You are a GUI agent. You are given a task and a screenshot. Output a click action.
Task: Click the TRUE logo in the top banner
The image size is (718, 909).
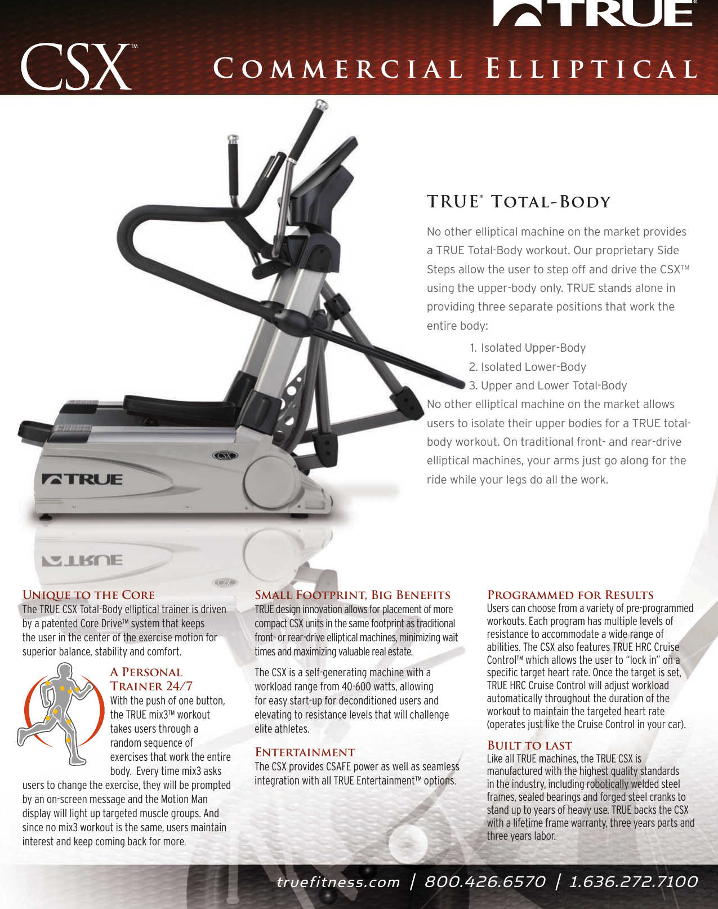pyautogui.click(x=594, y=14)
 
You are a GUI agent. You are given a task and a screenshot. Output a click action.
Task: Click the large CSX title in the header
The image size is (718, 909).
pyautogui.click(x=76, y=67)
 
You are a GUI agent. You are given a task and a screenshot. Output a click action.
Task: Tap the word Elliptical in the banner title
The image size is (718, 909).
pyautogui.click(x=591, y=69)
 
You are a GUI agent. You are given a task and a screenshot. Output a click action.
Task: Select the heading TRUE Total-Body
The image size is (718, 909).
pyautogui.click(x=518, y=202)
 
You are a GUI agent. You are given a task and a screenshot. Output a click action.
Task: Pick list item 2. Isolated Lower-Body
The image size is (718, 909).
pyautogui.click(x=527, y=367)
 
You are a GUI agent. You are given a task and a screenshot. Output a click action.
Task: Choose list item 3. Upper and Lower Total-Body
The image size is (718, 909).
pyautogui.click(x=547, y=385)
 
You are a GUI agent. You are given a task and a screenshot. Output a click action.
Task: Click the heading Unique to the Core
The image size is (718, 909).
pyautogui.click(x=88, y=595)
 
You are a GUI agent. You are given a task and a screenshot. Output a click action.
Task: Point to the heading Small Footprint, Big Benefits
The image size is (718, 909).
pyautogui.click(x=353, y=595)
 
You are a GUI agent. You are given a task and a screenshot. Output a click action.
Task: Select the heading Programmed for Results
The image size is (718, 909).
pyautogui.click(x=570, y=595)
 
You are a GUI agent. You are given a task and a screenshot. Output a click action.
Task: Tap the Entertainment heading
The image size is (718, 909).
pyautogui.click(x=305, y=752)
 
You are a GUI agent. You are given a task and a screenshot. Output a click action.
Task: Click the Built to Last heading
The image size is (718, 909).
pyautogui.click(x=529, y=746)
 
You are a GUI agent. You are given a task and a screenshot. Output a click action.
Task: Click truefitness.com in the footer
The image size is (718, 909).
pyautogui.click(x=338, y=882)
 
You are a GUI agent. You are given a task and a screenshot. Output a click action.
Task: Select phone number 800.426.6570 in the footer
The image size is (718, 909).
pyautogui.click(x=485, y=882)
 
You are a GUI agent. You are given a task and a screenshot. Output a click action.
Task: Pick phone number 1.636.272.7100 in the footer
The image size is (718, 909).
pyautogui.click(x=634, y=882)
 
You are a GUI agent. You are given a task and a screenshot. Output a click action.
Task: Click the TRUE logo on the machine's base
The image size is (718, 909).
pyautogui.click(x=82, y=480)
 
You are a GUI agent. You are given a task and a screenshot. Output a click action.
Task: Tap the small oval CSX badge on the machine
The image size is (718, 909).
pyautogui.click(x=225, y=455)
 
